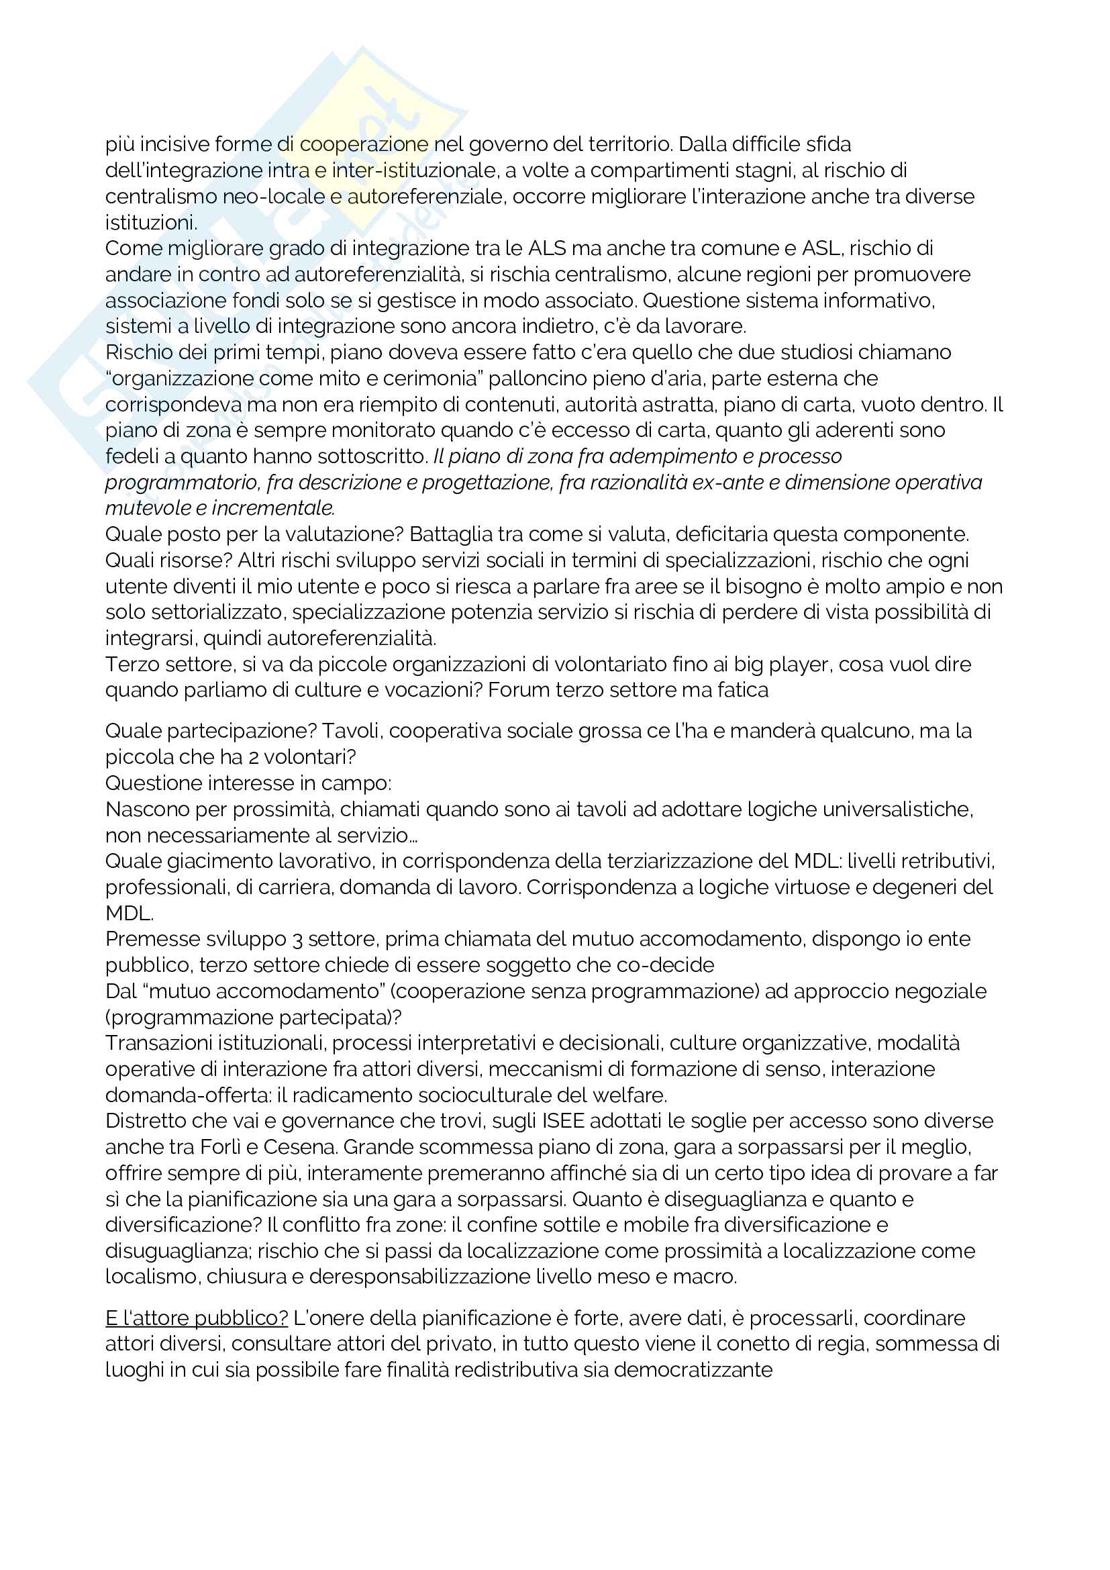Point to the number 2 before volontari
pyautogui.click(x=249, y=757)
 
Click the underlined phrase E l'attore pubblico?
pyautogui.click(x=197, y=1318)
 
